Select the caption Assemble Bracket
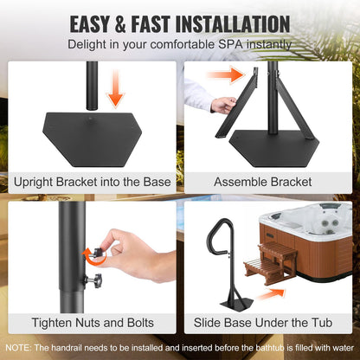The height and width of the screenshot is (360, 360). point(270,183)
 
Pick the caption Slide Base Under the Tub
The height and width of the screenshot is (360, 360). point(270,321)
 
